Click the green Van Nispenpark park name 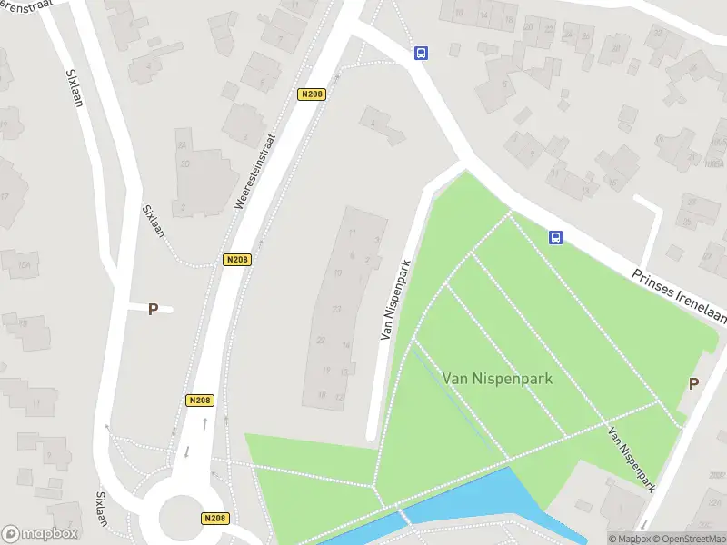tap(497, 377)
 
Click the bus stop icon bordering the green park tap(554, 238)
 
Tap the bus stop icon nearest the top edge tap(421, 53)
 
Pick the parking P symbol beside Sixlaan tap(153, 309)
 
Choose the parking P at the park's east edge tap(693, 383)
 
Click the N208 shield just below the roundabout tap(214, 519)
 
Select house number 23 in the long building tap(336, 310)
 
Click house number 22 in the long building tap(321, 340)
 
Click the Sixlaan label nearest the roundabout tap(99, 513)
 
